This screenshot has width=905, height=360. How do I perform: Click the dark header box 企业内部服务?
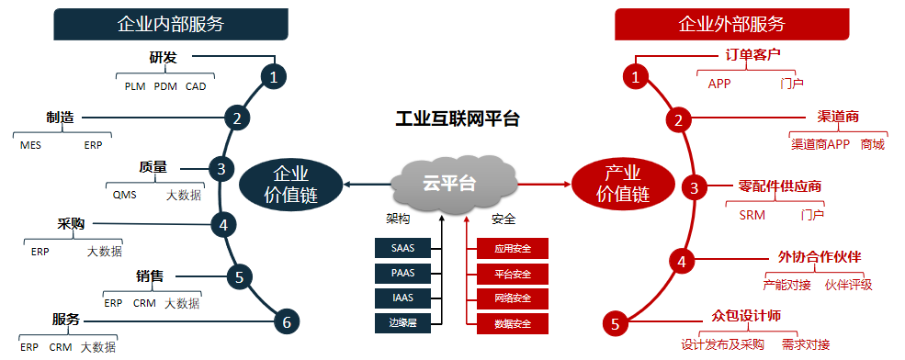click(x=171, y=24)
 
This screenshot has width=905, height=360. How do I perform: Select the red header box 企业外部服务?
click(x=731, y=24)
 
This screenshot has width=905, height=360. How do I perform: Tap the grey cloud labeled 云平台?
click(x=449, y=183)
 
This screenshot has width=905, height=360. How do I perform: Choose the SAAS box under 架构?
click(x=402, y=248)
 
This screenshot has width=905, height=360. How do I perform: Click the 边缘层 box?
click(x=402, y=322)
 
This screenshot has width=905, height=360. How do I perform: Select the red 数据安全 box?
click(x=512, y=323)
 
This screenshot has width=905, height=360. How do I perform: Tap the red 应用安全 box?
click(x=512, y=249)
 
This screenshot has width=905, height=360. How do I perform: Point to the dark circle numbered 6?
click(x=287, y=321)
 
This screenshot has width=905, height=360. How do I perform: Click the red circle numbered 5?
click(x=616, y=322)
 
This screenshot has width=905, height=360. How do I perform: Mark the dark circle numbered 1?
click(x=272, y=77)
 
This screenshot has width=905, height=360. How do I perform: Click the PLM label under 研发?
click(x=135, y=87)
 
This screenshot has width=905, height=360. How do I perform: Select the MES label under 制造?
click(x=30, y=145)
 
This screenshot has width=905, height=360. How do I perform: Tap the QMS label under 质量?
click(x=124, y=195)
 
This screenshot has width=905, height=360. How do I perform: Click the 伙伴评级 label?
click(x=848, y=285)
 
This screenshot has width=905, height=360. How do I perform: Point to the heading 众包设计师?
click(x=746, y=315)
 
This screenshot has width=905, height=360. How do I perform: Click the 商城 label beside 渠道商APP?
click(x=872, y=144)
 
